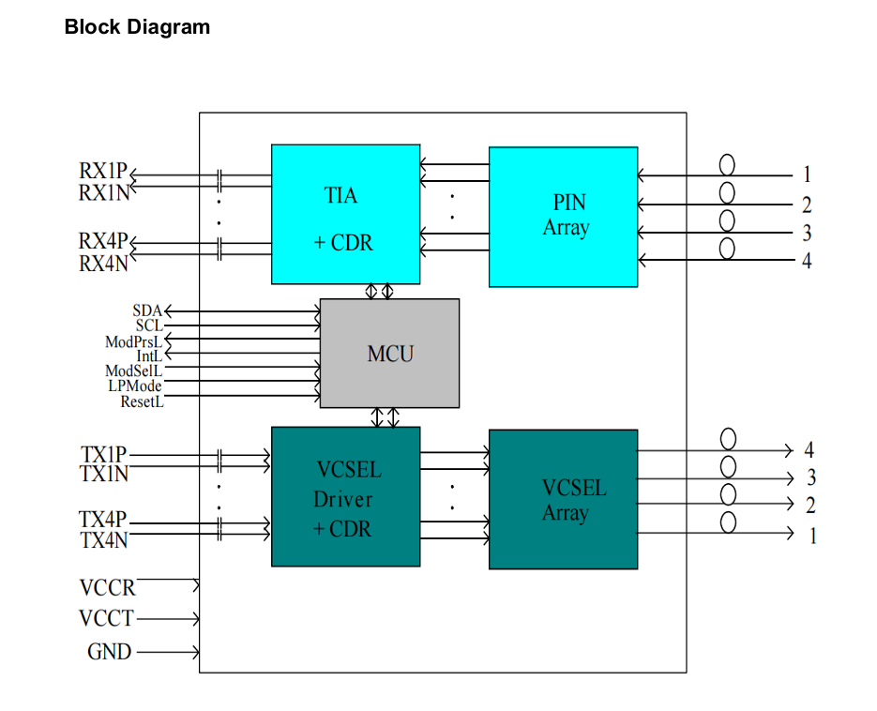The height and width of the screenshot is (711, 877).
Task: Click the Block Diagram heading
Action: (x=137, y=27)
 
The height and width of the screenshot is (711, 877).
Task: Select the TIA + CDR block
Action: (x=345, y=214)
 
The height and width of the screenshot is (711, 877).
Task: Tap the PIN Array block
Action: (x=563, y=216)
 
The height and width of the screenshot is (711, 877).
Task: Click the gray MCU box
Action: (x=389, y=354)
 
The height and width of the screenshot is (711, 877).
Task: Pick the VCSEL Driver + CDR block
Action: (x=345, y=497)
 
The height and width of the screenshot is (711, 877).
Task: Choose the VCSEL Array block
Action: (x=563, y=499)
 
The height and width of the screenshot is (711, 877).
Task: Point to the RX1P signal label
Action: (x=102, y=172)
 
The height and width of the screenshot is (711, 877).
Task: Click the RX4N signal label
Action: (x=102, y=265)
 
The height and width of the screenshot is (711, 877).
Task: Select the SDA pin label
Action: (x=147, y=310)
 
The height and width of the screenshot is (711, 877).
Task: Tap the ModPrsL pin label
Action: (x=133, y=341)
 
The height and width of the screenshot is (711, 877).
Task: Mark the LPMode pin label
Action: (x=134, y=386)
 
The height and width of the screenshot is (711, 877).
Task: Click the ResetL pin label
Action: (x=142, y=401)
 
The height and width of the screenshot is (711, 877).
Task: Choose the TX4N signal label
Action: (x=103, y=541)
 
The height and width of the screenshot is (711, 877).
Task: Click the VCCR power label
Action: (x=107, y=588)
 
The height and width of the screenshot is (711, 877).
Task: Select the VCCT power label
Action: (x=106, y=619)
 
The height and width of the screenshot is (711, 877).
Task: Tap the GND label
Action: (x=109, y=651)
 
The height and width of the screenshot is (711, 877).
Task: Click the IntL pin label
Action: (x=149, y=356)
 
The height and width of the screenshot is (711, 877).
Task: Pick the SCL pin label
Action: (x=149, y=325)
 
